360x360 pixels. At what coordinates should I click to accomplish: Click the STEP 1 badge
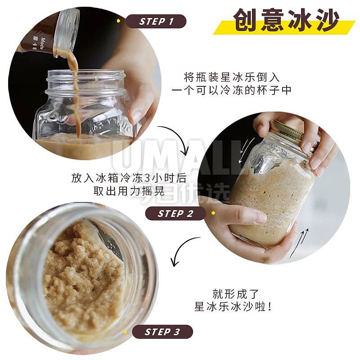coord(156,21)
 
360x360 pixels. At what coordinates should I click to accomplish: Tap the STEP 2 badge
coord(175,213)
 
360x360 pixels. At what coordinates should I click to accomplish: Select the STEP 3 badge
coord(162,332)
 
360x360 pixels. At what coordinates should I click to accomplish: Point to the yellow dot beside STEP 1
coord(118,21)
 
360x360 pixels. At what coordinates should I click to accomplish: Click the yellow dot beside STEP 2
coord(213,213)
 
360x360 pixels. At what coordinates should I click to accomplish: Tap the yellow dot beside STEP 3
coord(125,332)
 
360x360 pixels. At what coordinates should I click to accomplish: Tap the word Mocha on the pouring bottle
coord(43,44)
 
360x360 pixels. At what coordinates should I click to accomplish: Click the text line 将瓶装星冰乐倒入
coord(231,77)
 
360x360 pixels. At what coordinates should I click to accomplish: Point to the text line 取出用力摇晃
coord(129,191)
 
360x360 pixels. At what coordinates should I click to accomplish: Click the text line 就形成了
coord(235,294)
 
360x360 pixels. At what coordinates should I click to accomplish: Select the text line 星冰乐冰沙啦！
coord(233,306)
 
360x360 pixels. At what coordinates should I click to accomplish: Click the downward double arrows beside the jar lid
coord(246,150)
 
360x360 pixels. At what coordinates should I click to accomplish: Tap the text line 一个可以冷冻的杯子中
coord(231,90)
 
